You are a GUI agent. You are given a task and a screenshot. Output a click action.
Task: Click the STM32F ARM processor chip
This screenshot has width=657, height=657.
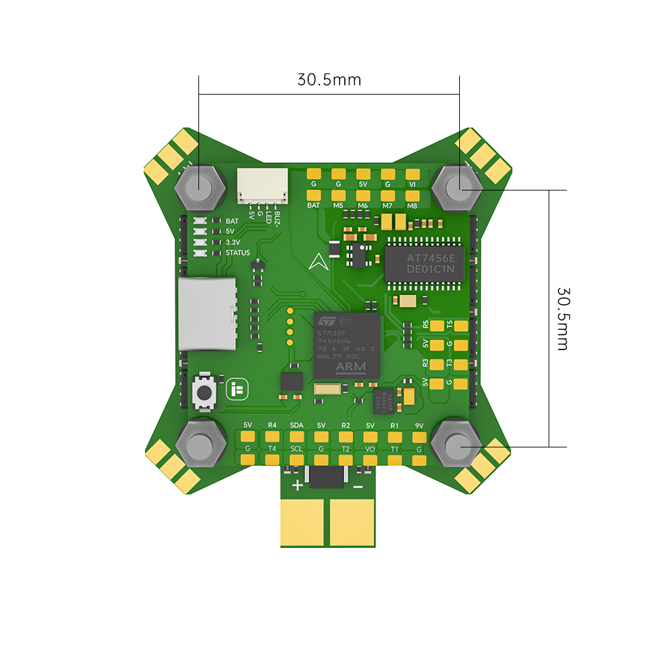[348, 344]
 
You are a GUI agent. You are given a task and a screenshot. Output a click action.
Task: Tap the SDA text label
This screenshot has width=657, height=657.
[296, 425]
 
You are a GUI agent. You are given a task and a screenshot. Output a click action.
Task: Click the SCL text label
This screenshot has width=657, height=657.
[296, 449]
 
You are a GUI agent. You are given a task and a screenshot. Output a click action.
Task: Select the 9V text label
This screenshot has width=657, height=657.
[419, 425]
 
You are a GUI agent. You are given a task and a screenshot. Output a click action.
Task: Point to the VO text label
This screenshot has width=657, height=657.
[370, 449]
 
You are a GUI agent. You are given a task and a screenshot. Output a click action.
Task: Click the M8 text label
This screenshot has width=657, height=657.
[412, 206]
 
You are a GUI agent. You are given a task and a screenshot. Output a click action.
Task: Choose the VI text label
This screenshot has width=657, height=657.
[412, 185]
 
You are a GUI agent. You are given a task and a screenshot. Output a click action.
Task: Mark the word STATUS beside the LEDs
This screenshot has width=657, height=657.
[238, 253]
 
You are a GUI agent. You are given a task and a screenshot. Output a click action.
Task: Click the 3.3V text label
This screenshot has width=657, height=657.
[233, 242]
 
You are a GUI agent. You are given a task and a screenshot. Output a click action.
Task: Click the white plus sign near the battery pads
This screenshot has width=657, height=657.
[298, 486]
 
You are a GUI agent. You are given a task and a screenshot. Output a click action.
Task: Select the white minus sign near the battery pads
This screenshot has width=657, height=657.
[357, 487]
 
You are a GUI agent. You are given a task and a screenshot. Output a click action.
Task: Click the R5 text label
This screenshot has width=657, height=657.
[426, 324]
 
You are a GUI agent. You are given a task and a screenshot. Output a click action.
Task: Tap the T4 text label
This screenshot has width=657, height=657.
[272, 449]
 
